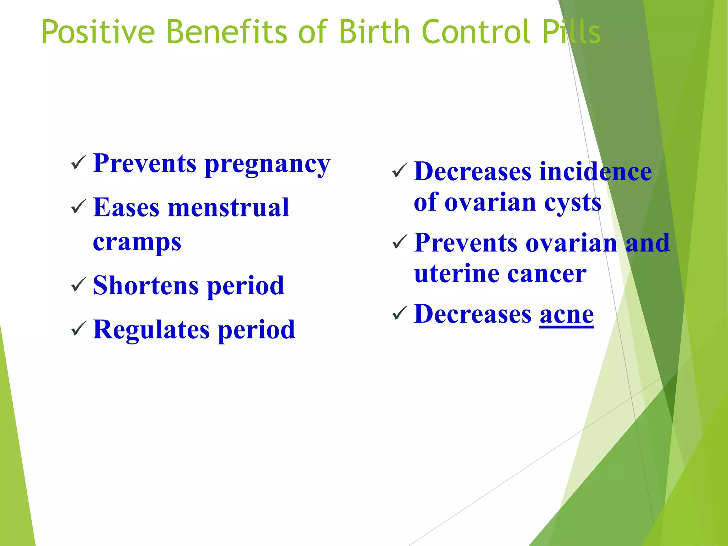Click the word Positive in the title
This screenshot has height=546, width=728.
98,32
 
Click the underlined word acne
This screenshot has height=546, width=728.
566,315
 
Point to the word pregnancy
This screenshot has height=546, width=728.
268,165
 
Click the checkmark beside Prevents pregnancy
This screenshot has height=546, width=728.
79,163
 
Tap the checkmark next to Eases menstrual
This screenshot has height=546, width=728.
79,207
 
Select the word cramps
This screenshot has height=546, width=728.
137,242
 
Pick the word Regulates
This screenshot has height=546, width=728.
151,330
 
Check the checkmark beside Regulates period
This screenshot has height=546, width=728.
79,329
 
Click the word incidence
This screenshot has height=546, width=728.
595,172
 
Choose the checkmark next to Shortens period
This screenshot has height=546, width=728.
79,285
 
